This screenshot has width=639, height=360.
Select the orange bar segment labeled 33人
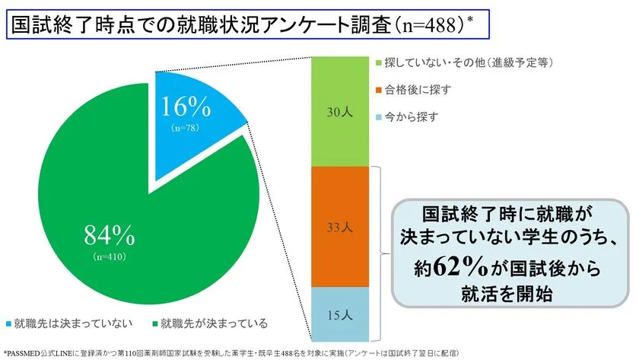pos(340,227)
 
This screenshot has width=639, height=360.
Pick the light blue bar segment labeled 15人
pos(340,314)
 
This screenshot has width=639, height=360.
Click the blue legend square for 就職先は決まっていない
pos(9,324)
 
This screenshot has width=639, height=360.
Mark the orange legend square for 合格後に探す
pos(380,89)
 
